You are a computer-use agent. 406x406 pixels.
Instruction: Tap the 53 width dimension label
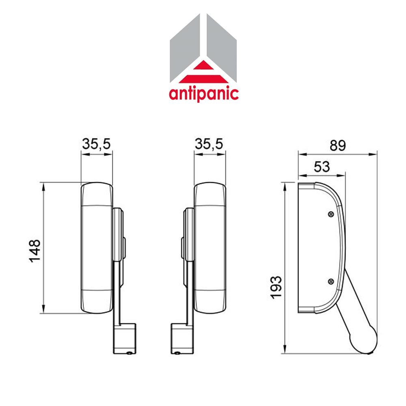point(321,166)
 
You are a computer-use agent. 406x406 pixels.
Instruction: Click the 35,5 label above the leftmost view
point(97,145)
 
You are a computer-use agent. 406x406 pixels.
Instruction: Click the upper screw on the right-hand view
point(330,214)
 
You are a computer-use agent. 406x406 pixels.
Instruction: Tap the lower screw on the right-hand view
point(330,280)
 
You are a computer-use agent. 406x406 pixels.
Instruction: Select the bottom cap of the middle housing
point(209,302)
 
